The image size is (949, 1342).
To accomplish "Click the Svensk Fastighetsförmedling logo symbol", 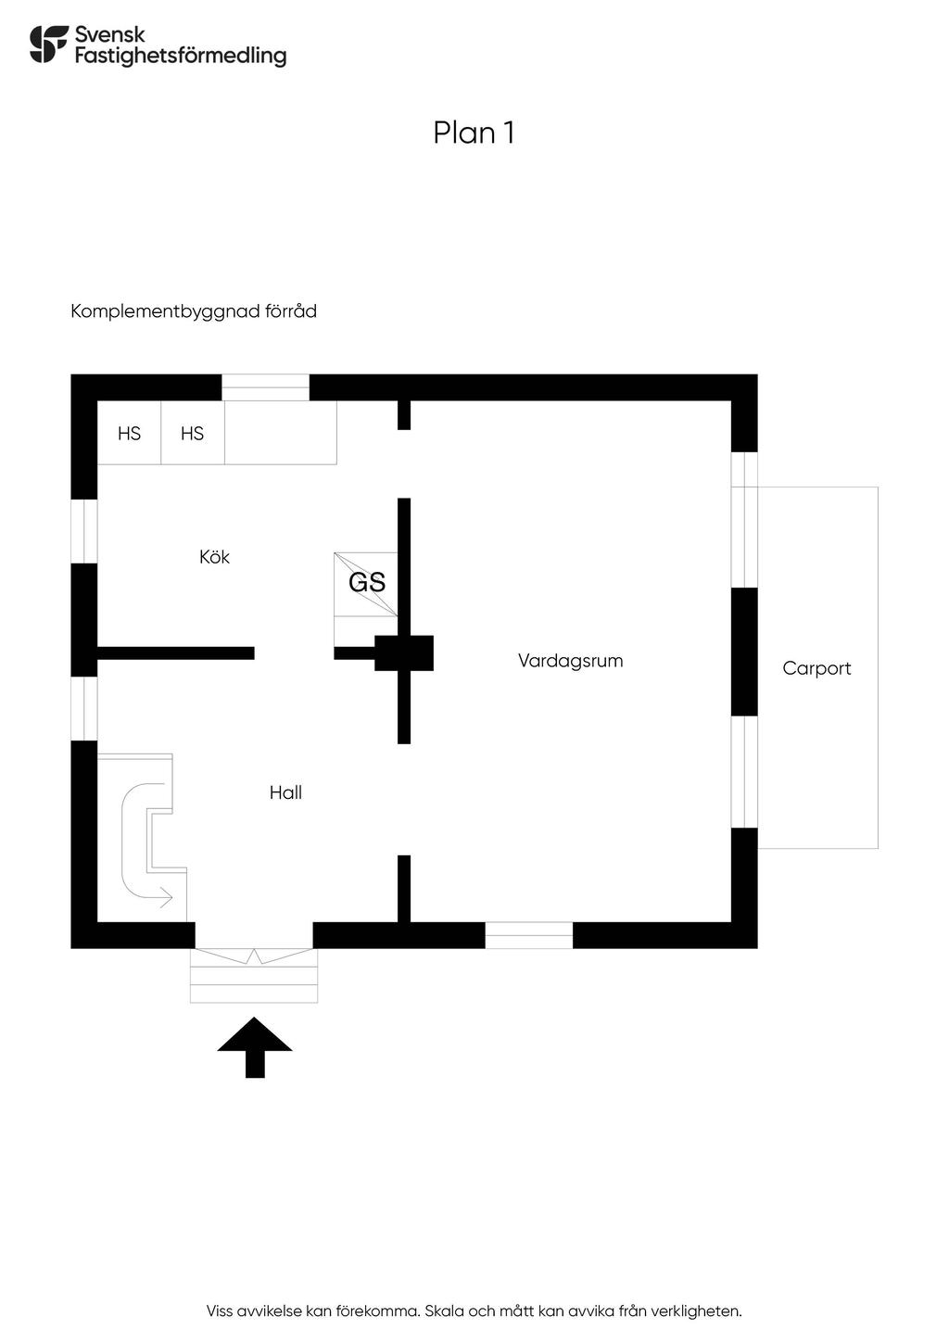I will pos(49,44).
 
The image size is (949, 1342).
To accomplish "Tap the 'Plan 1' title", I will pos(474,133).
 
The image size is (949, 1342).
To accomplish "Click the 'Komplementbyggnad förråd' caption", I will pos(194,311).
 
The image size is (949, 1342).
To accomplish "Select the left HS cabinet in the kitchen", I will pos(130,433).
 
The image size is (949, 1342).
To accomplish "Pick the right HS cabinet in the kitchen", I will pos(193,433).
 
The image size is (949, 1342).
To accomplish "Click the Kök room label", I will pos(214,557).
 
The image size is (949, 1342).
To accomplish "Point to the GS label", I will pos(367,583).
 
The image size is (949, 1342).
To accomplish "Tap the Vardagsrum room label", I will pos(570,661).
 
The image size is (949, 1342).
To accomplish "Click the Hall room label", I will pos(285,792).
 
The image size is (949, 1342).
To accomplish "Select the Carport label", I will pos(816,668).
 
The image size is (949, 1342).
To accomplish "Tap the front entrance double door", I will pos(254,956).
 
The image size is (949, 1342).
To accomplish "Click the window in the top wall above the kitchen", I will pos(265,387).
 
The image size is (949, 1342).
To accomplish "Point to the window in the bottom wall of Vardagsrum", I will pos(529,935).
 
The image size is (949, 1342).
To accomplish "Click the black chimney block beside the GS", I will pos(404,652).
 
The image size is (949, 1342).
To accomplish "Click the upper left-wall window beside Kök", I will pos(84,531).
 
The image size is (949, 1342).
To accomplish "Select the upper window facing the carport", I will pos(744,520).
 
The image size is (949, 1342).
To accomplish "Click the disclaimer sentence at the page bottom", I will pos(474,1311).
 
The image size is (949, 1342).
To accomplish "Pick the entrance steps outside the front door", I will pos(254,982).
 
